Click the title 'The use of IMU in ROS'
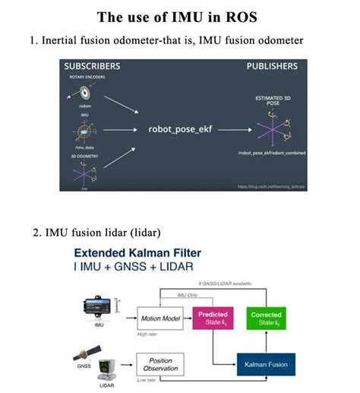tap(179, 16)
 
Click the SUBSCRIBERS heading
tap(93, 67)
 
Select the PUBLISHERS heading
tap(272, 67)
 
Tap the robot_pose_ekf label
tap(179, 129)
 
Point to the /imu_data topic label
tap(84, 147)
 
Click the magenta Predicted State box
tap(213, 317)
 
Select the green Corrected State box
tap(266, 317)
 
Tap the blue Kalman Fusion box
tap(267, 364)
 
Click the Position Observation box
tap(159, 364)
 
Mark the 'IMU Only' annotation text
tap(188, 295)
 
